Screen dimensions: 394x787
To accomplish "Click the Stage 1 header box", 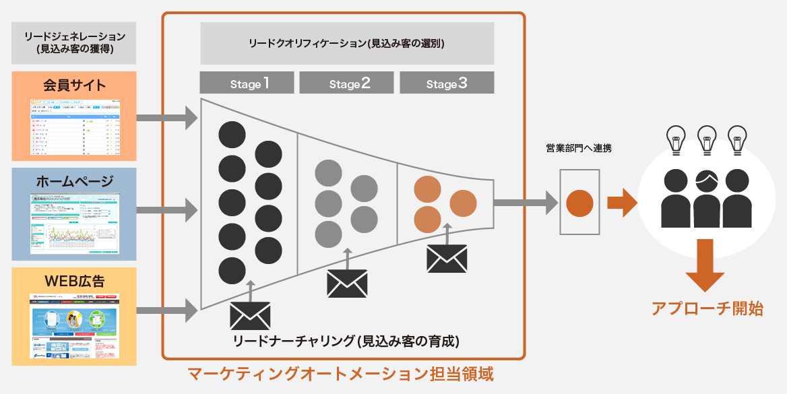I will pyautogui.click(x=247, y=83).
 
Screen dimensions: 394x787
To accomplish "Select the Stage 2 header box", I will pyautogui.click(x=346, y=83).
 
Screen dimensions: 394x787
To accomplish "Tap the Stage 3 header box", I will pyautogui.click(x=447, y=83).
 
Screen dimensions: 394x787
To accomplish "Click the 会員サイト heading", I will pyautogui.click(x=74, y=85).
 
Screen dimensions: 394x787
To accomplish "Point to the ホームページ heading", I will pyautogui.click(x=74, y=181).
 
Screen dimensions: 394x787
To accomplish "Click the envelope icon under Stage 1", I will pyautogui.click(x=250, y=315).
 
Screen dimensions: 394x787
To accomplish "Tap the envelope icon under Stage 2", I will pyautogui.click(x=347, y=283).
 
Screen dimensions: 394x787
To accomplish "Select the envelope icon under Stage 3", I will pyautogui.click(x=447, y=258).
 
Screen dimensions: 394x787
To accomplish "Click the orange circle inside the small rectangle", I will pyautogui.click(x=579, y=203).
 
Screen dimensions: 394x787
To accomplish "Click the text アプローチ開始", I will pyautogui.click(x=707, y=309).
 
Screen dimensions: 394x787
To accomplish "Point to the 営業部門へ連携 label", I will pyautogui.click(x=579, y=148).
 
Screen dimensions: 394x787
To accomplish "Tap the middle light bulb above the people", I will pyautogui.click(x=706, y=139).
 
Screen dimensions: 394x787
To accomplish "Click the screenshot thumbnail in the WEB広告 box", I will pyautogui.click(x=74, y=327).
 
